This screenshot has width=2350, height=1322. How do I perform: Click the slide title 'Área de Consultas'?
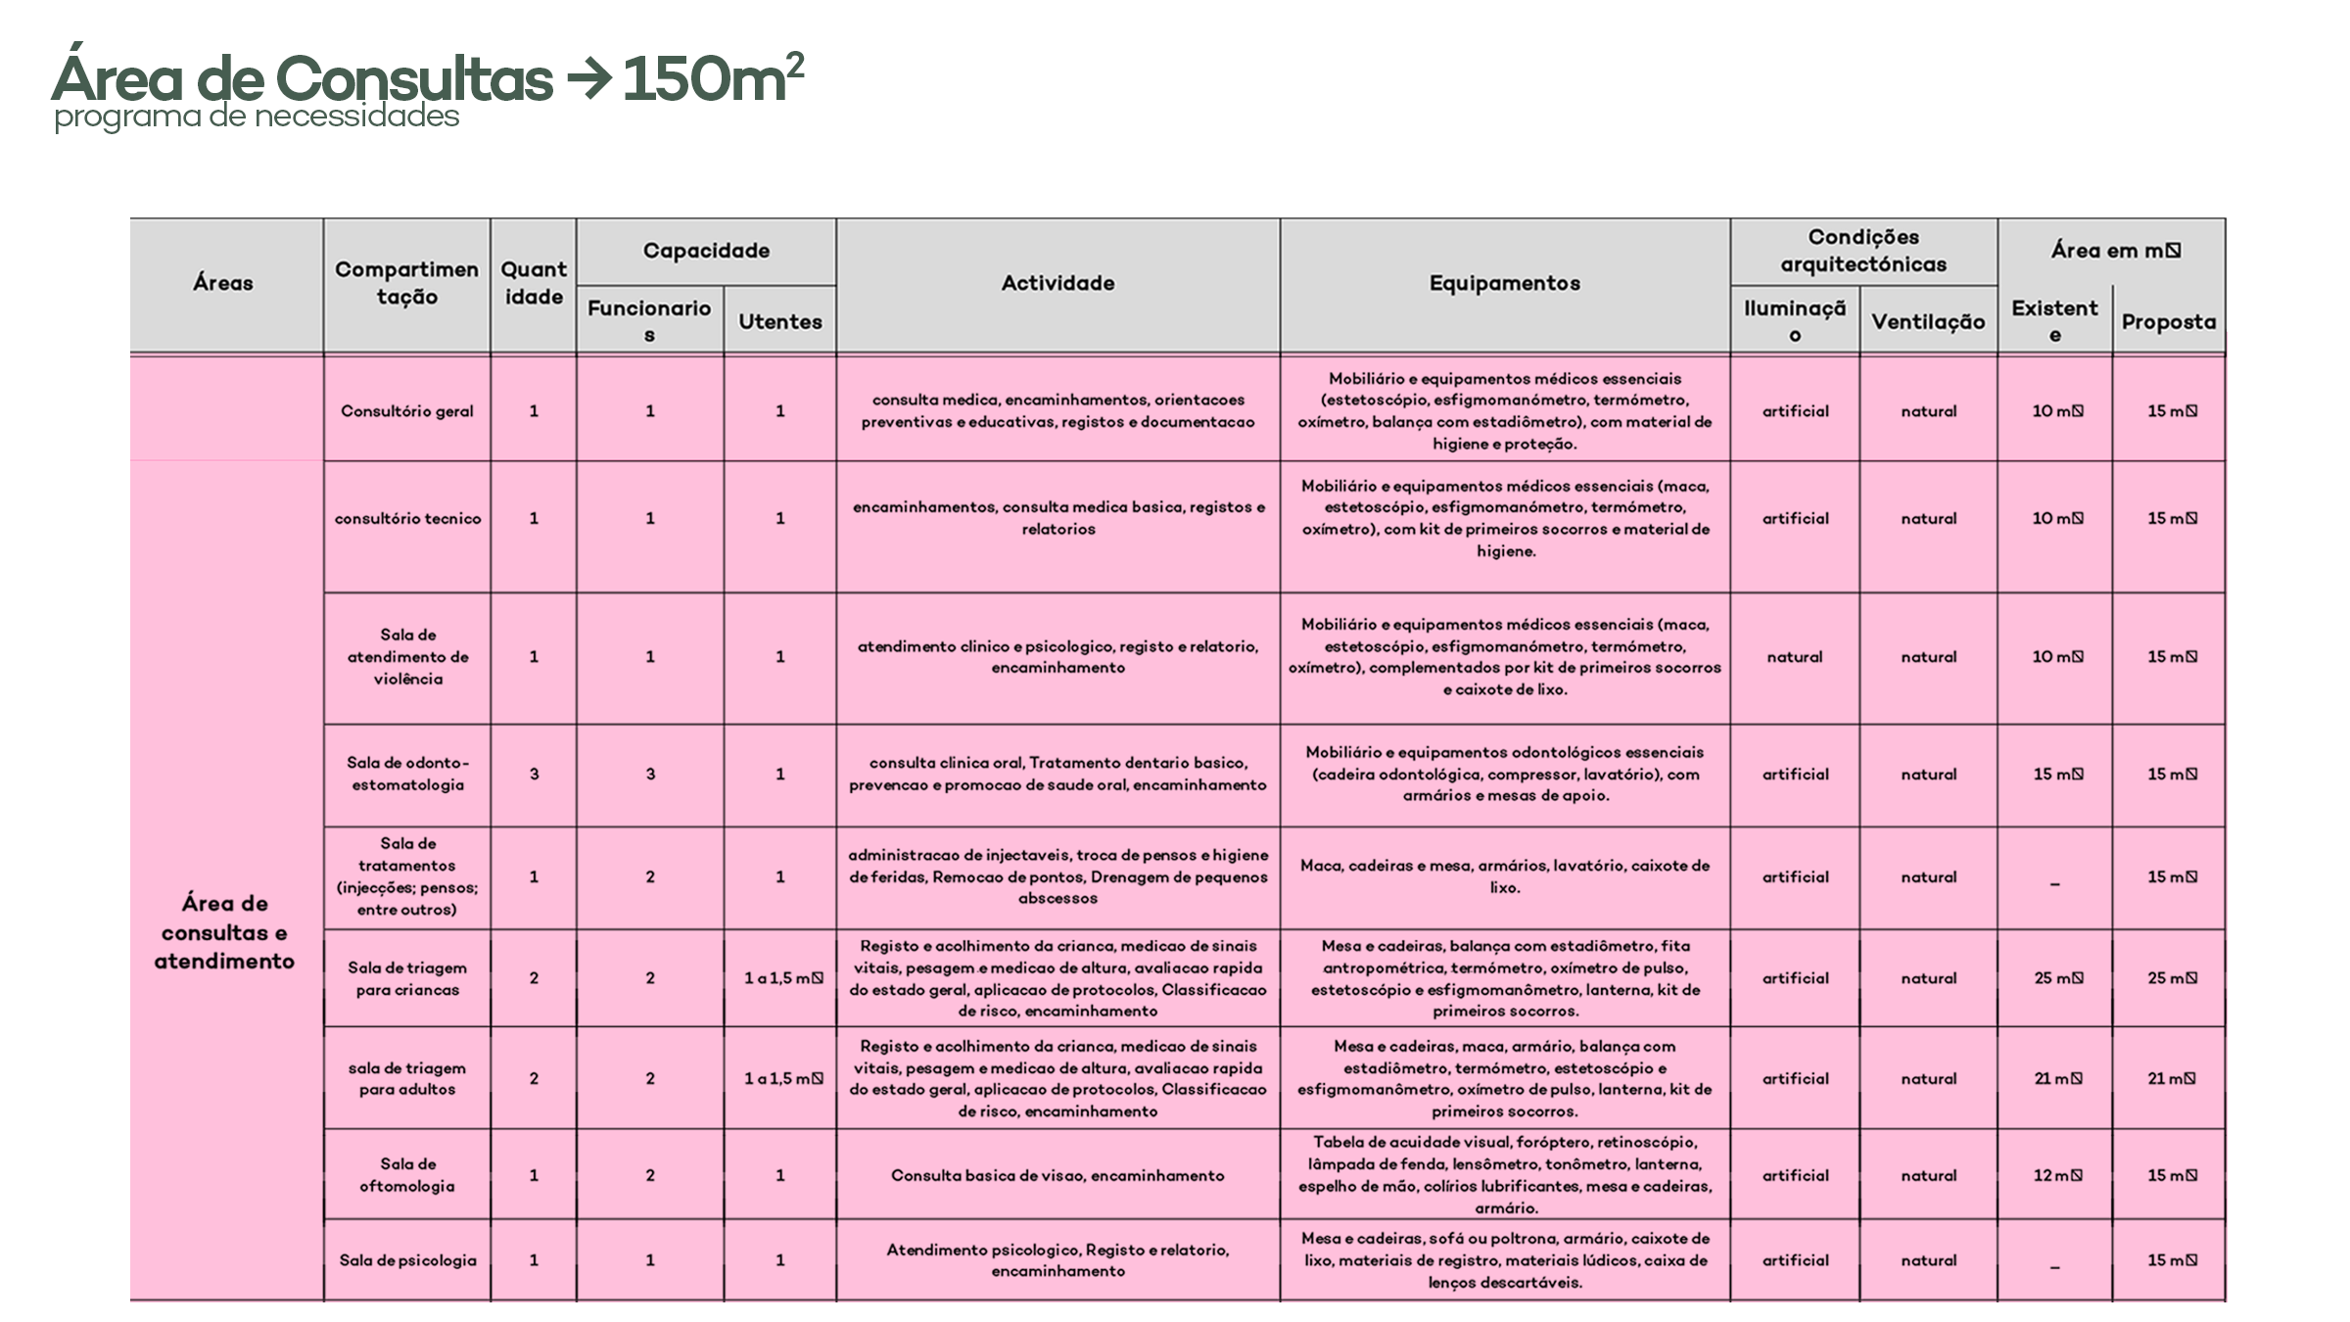(302, 78)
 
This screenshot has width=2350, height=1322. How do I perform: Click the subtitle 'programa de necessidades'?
(257, 117)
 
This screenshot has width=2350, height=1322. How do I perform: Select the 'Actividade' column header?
(1057, 283)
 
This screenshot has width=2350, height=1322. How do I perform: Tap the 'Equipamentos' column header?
(1504, 283)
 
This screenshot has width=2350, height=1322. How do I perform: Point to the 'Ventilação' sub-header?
(1928, 321)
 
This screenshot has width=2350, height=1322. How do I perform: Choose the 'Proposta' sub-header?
(2168, 321)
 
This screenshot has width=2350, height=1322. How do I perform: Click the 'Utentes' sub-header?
(779, 321)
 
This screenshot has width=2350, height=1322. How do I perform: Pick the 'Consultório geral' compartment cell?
(407, 411)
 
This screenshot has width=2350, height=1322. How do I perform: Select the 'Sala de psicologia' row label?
(407, 1260)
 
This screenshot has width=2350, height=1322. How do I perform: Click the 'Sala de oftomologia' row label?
(407, 1175)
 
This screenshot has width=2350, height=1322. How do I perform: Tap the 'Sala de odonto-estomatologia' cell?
(407, 774)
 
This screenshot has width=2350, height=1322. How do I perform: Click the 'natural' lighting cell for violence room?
(1795, 657)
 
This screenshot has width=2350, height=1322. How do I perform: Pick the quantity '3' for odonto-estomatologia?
(534, 774)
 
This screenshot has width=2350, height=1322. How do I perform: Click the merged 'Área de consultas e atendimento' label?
(224, 931)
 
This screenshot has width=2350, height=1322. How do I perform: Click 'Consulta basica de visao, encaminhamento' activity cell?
(1057, 1175)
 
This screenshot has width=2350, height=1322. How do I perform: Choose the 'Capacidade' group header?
(706, 251)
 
